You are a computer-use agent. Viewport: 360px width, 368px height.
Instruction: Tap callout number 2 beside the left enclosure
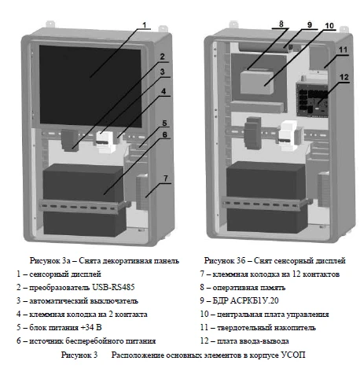160,57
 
